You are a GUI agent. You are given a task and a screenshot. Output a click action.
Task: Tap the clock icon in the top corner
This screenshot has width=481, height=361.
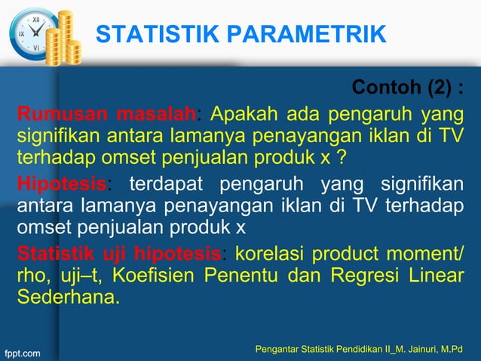tap(32, 33)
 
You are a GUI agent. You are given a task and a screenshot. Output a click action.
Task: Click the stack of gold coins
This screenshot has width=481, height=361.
tap(67, 38)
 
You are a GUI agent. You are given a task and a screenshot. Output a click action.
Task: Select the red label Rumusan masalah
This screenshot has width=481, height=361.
tap(106, 115)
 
